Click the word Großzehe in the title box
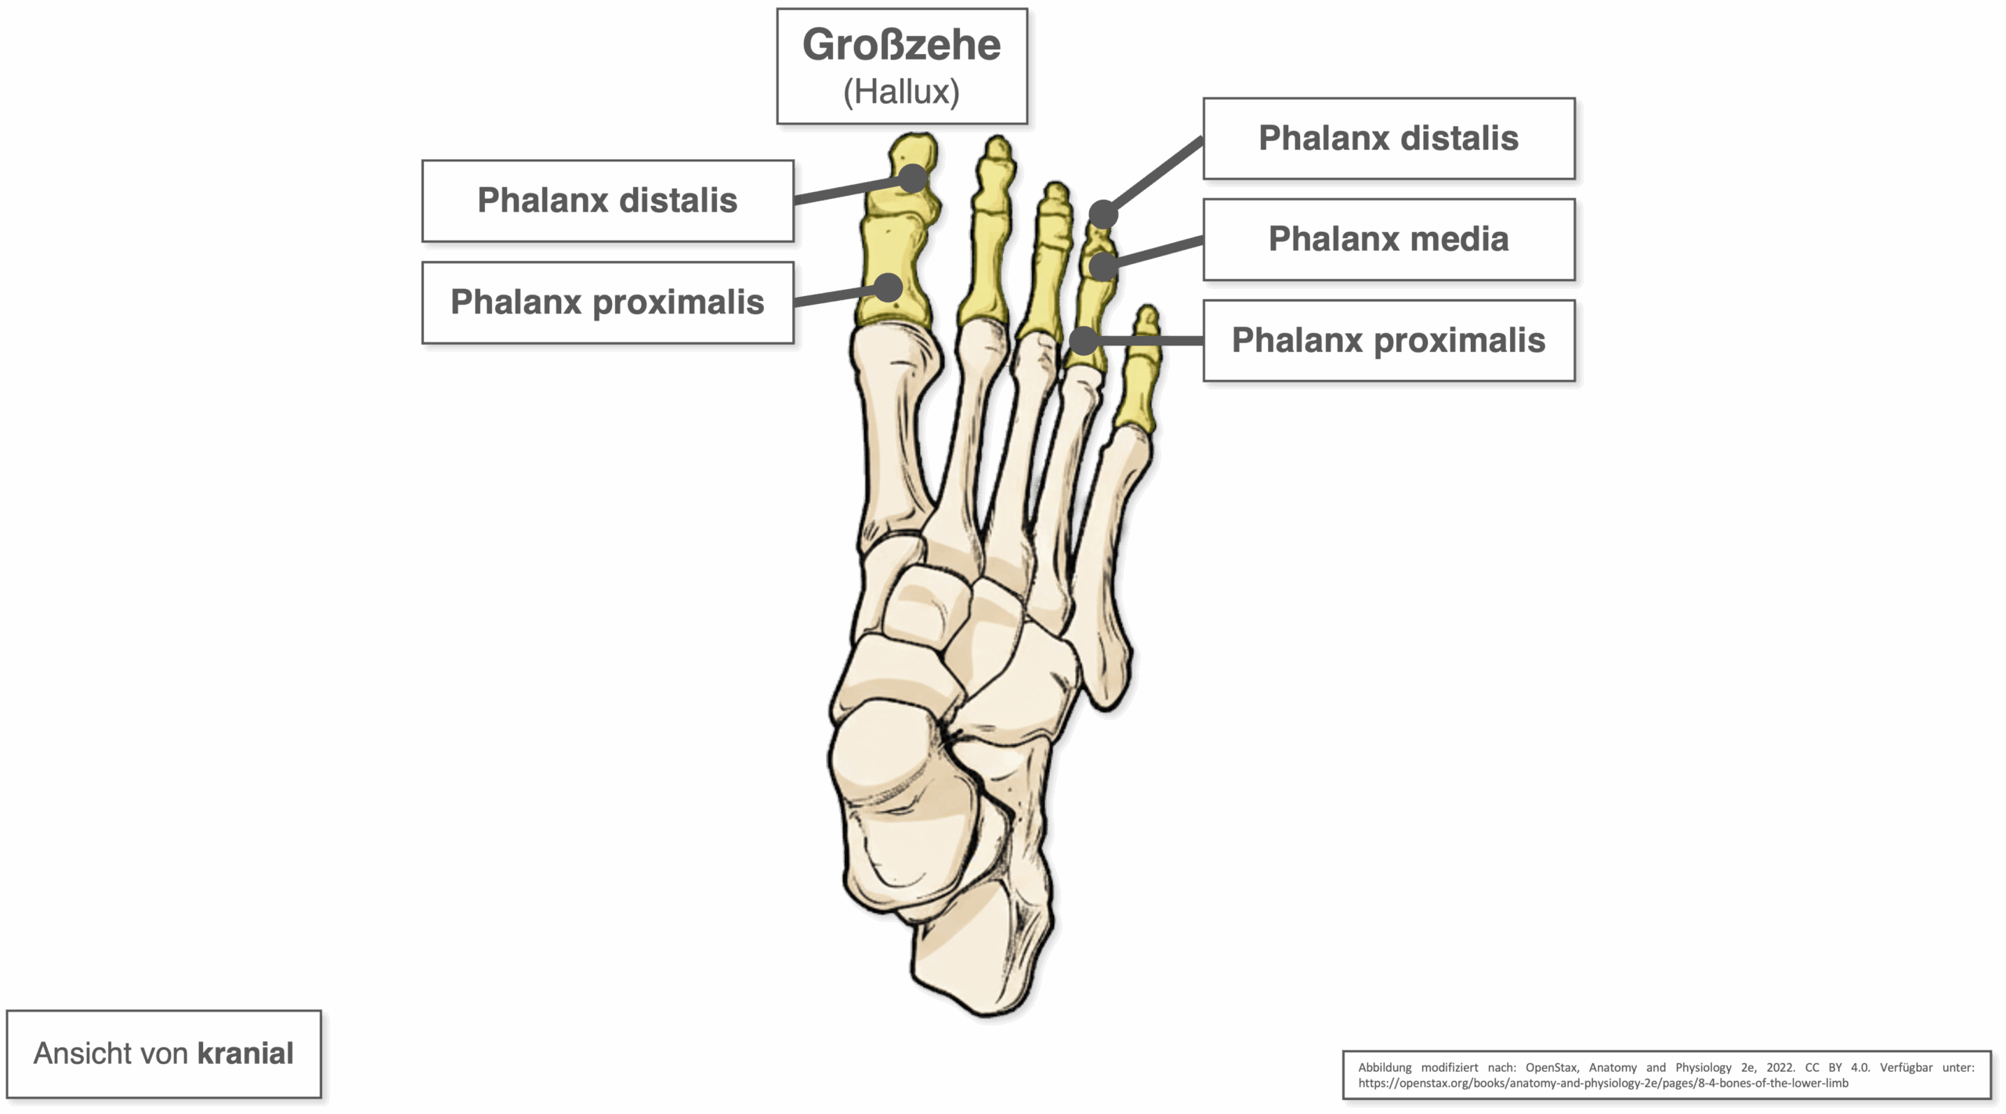click(901, 45)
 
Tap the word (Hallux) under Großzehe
click(901, 92)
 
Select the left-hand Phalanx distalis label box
click(607, 201)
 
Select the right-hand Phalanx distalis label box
click(1389, 138)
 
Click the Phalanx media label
click(1389, 239)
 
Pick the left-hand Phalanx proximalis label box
click(607, 302)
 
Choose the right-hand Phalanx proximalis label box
click(1389, 340)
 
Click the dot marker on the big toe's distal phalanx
click(913, 179)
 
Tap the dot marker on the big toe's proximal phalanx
click(889, 288)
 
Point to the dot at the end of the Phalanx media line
click(1103, 266)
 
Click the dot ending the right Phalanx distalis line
click(1103, 213)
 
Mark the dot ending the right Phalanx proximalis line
click(1083, 340)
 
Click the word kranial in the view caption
click(245, 1054)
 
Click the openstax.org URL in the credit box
click(1603, 1083)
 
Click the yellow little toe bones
click(1137, 368)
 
